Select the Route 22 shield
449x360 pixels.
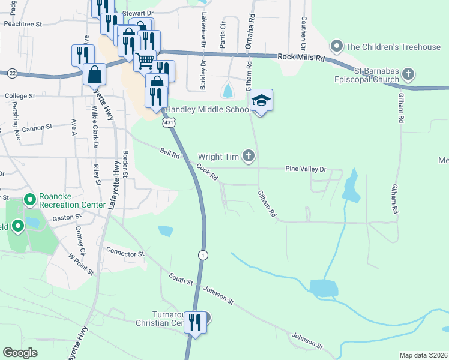12,73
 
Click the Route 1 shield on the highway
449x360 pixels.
203,256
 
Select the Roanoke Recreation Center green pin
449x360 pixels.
28,198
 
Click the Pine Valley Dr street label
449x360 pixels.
306,169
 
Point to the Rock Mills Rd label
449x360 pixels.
301,58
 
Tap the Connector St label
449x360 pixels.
125,253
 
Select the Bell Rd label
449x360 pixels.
170,154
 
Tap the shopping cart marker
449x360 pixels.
144,61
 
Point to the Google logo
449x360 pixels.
20,352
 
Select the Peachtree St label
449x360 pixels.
22,25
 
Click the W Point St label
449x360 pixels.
82,263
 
